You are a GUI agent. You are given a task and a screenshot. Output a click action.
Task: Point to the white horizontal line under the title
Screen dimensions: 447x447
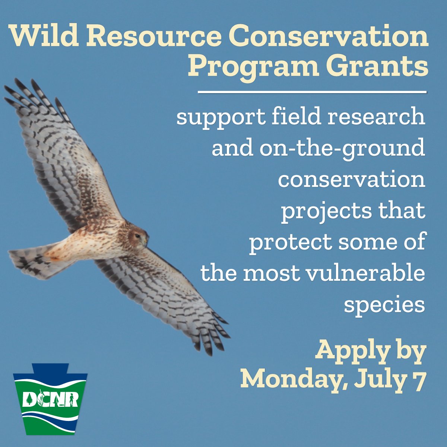[312, 92]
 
